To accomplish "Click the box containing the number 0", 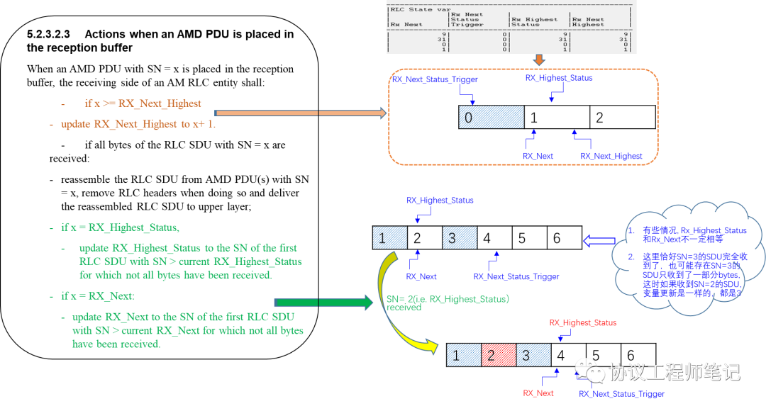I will pos(491,117).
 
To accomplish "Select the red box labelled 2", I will pos(499,355).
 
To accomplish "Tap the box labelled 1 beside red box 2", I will pos(464,355).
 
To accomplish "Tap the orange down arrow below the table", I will pos(538,60).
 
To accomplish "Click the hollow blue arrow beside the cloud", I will pos(597,241).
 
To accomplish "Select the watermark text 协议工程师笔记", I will pos(674,371).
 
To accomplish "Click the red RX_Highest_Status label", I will pos(584,323).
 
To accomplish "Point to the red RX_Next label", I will pos(538,393).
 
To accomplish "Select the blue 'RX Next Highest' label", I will pos(611,157).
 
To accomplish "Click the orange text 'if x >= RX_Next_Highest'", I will pos(143,103).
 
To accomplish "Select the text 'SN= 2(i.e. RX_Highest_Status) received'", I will pos(447,303).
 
